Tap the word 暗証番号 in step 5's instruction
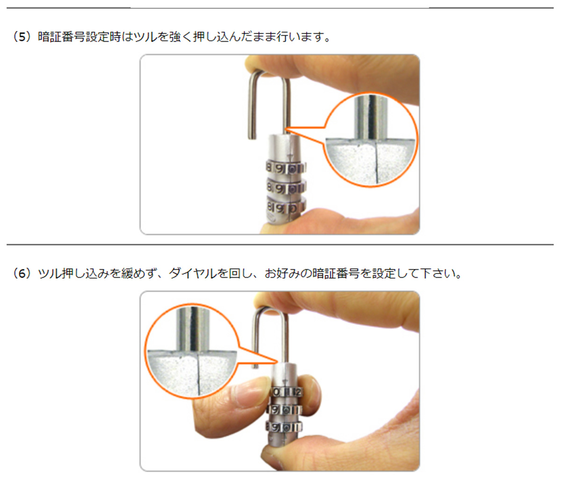pos(61,37)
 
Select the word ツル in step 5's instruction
pos(146,37)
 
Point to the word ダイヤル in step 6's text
pos(193,273)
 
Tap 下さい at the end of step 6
pos(437,273)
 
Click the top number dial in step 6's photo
pos(287,392)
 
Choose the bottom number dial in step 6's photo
pos(284,428)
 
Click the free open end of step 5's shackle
pos(252,138)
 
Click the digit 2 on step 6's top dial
pos(298,392)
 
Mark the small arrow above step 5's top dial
pos(290,156)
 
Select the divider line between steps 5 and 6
pos(280,245)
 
